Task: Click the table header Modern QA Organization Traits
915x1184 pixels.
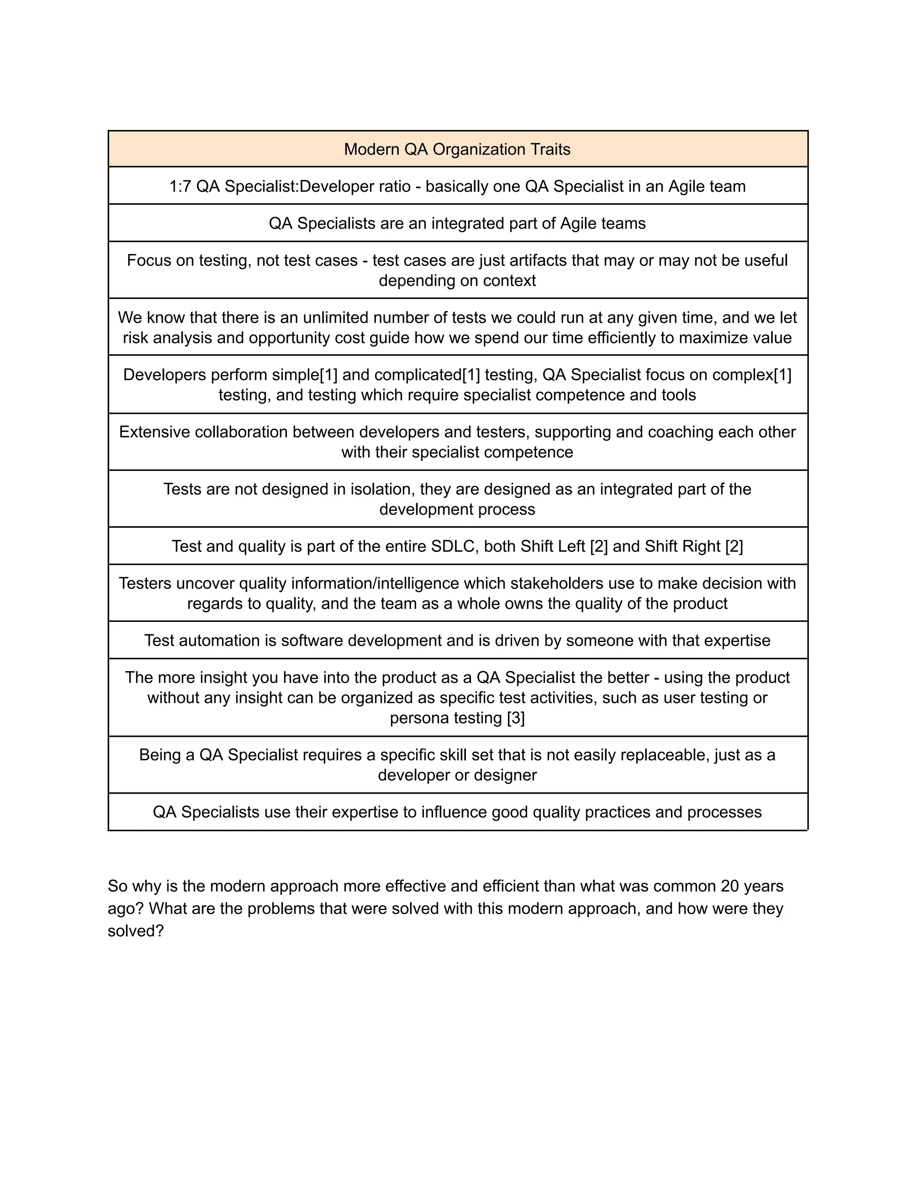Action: pyautogui.click(x=457, y=149)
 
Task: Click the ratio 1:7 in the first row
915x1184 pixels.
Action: pyautogui.click(x=180, y=186)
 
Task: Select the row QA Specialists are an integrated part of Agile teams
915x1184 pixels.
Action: pyautogui.click(x=457, y=223)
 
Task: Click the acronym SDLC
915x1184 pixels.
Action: pyautogui.click(x=454, y=546)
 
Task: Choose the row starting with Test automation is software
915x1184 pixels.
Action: pyautogui.click(x=457, y=641)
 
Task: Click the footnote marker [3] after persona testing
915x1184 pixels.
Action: pyautogui.click(x=516, y=718)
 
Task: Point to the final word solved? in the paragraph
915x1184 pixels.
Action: pyautogui.click(x=135, y=931)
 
